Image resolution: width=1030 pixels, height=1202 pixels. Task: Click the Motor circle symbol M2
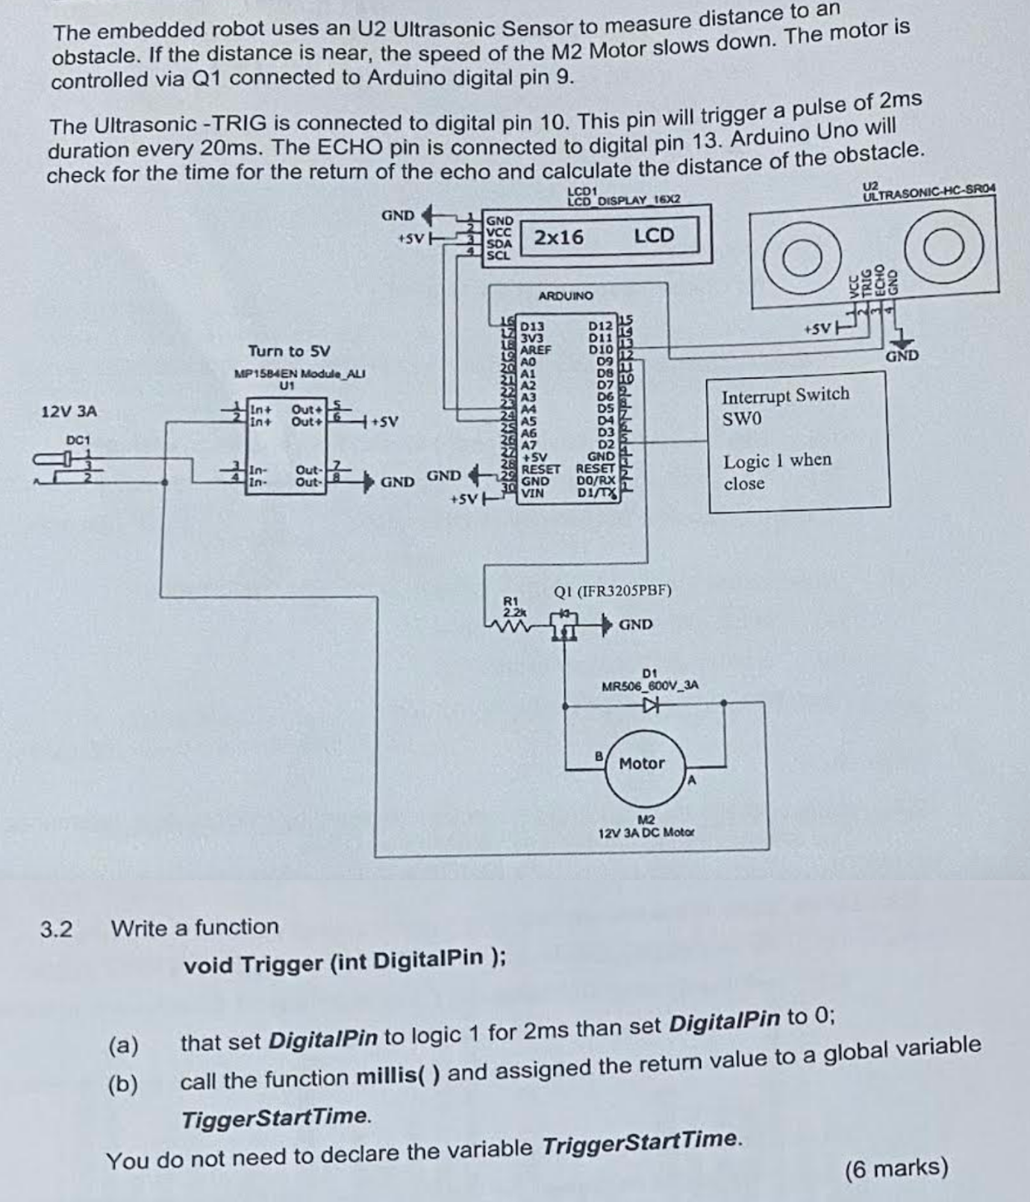coord(643,765)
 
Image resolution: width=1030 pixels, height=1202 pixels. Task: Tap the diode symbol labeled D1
coord(652,703)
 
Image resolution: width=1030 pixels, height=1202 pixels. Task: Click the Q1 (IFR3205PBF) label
coord(612,591)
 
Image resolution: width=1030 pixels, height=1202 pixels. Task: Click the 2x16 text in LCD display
coord(558,237)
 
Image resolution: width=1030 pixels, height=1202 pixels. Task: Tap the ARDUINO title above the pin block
coord(565,296)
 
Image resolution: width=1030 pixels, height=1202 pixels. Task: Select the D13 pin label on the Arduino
coord(532,326)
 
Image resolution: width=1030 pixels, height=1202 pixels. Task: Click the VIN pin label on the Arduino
coord(532,493)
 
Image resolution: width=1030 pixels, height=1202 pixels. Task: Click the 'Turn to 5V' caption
coord(289,351)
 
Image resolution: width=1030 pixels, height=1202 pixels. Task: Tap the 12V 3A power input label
coord(69,411)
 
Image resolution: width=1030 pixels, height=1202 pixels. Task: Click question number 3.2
coord(57,929)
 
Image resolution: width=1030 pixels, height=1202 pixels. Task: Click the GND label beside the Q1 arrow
coord(635,624)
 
